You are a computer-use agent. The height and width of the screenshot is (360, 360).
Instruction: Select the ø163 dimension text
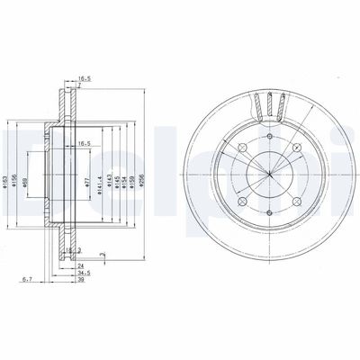point(7,164)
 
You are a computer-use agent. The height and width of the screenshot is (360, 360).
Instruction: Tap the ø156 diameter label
point(16,164)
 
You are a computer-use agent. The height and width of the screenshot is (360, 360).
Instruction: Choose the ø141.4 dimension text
point(102,164)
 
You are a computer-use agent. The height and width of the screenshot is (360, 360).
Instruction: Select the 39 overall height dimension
point(81,281)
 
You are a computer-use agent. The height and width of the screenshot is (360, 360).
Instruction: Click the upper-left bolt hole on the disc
point(246,148)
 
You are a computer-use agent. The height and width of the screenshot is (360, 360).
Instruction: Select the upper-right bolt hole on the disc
point(293,148)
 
